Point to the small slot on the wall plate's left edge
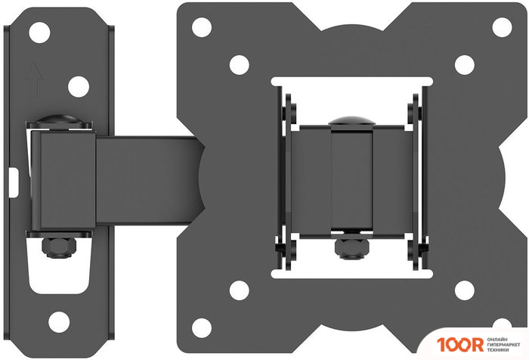(17, 180)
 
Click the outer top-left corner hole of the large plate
(201, 27)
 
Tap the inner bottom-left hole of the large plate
(240, 288)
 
